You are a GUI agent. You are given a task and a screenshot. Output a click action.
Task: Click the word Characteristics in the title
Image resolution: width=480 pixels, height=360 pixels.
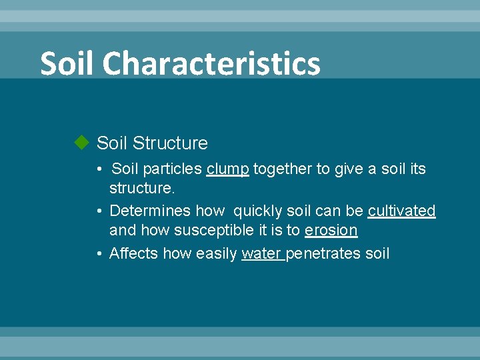tap(211, 64)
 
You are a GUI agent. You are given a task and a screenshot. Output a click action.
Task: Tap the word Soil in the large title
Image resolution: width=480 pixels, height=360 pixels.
tap(68, 64)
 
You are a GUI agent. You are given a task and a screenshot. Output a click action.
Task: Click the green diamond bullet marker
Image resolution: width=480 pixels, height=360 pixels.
tap(81, 143)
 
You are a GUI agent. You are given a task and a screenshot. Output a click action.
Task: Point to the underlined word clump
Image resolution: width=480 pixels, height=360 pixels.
tap(228, 169)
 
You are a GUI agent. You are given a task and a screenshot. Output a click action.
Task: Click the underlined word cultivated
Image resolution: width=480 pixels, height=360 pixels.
tap(401, 211)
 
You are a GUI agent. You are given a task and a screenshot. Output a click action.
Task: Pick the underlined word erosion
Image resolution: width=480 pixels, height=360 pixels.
tap(331, 231)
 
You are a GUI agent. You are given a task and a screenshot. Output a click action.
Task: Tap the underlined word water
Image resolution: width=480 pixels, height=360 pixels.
tap(261, 253)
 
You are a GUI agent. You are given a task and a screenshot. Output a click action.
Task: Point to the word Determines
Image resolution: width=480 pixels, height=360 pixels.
tap(151, 211)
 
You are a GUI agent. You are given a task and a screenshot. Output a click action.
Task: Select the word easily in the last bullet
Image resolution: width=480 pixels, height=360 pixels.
tap(217, 253)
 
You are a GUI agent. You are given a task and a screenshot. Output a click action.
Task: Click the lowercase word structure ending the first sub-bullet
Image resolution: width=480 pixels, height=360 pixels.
tap(141, 189)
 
